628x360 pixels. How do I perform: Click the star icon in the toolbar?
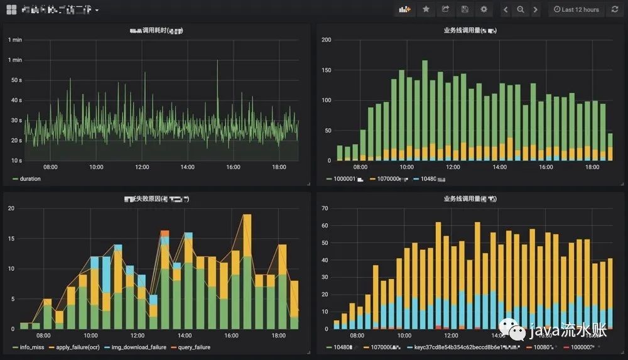coord(426,9)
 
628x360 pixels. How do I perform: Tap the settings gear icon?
coord(484,9)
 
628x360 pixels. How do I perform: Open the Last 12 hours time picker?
coord(576,9)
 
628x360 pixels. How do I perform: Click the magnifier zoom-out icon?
coord(521,9)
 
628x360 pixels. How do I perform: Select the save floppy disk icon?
coord(465,9)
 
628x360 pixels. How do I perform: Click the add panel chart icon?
coord(405,9)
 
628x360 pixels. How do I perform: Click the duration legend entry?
coord(27,178)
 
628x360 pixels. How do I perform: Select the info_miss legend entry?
coord(31,347)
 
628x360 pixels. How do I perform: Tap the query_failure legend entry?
coord(191,347)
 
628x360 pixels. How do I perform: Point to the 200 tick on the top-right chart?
coord(326,40)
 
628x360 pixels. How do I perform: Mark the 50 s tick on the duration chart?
coord(16,80)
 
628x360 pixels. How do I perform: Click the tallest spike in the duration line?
coord(217,62)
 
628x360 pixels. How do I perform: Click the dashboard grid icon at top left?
coord(11,9)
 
